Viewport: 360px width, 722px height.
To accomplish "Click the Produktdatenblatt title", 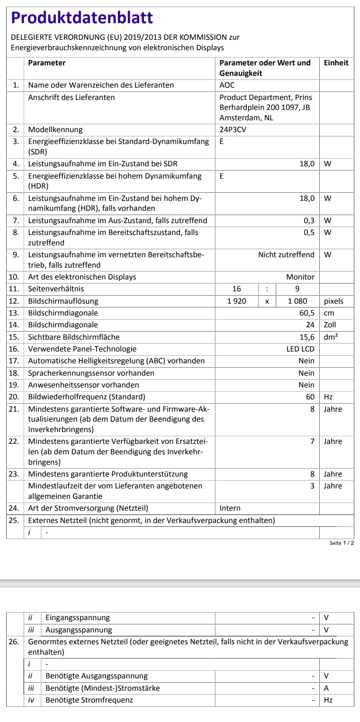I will point(82,18).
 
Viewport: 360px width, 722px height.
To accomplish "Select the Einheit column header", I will point(336,63).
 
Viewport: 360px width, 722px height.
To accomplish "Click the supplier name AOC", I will point(227,85).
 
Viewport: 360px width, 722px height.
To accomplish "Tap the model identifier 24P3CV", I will point(233,130).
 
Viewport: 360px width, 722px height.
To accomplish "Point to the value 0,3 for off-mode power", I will point(309,220).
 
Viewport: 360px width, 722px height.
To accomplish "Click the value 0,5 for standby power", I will point(309,233).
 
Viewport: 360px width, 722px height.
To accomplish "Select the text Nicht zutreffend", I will point(286,254).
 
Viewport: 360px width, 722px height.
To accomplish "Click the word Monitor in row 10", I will point(300,277).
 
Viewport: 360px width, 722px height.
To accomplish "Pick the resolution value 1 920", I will point(237,301).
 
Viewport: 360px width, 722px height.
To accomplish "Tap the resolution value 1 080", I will point(297,301).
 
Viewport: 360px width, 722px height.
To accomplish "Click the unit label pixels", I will point(333,301).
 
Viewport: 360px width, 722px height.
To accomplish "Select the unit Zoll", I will point(330,325).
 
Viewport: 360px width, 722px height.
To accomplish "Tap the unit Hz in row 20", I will point(328,397).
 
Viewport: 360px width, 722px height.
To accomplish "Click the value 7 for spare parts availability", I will point(312,441).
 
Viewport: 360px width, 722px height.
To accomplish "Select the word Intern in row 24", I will point(230,508).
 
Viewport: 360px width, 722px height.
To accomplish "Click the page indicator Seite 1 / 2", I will point(342,543).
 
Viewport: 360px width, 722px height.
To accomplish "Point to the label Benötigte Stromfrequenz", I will point(89,700).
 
